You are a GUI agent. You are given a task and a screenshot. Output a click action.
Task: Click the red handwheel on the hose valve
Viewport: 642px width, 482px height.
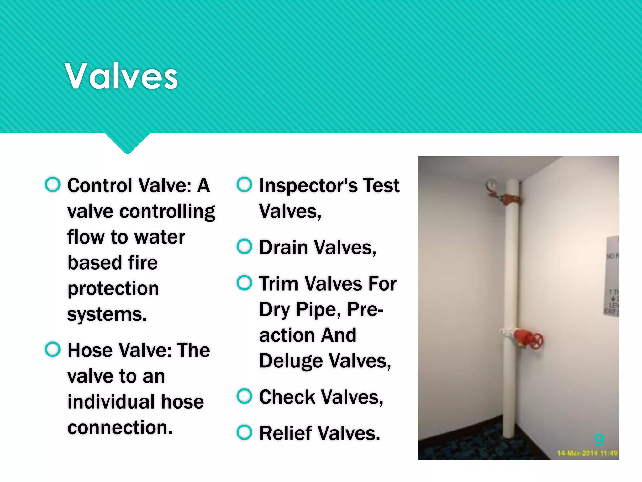[x=537, y=341]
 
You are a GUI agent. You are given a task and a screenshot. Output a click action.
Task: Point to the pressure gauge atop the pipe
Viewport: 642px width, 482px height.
[x=491, y=185]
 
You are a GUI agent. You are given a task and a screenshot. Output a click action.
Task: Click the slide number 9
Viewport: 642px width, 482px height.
[x=599, y=439]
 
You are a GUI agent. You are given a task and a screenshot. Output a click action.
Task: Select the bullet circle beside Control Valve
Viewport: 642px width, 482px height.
[x=52, y=185]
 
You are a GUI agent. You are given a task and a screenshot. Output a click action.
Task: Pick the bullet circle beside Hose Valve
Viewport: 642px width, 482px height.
[x=52, y=349]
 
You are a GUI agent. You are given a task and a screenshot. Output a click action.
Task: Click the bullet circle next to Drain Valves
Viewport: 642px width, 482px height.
[x=244, y=247]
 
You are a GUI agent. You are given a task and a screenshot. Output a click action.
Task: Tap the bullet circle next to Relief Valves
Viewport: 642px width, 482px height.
[x=244, y=432]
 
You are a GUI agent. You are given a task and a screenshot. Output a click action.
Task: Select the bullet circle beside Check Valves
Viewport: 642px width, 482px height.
[x=244, y=396]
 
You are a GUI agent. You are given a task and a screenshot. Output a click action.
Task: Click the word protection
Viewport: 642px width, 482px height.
[x=113, y=289]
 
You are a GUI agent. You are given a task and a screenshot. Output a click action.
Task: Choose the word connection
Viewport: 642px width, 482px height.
[x=120, y=427]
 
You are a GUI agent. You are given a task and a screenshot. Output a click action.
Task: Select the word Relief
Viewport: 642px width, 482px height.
[x=285, y=433]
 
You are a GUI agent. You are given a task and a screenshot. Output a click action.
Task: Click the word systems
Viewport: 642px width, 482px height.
[x=107, y=314]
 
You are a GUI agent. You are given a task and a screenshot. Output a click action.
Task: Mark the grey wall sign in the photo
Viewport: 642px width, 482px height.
[x=612, y=276]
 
